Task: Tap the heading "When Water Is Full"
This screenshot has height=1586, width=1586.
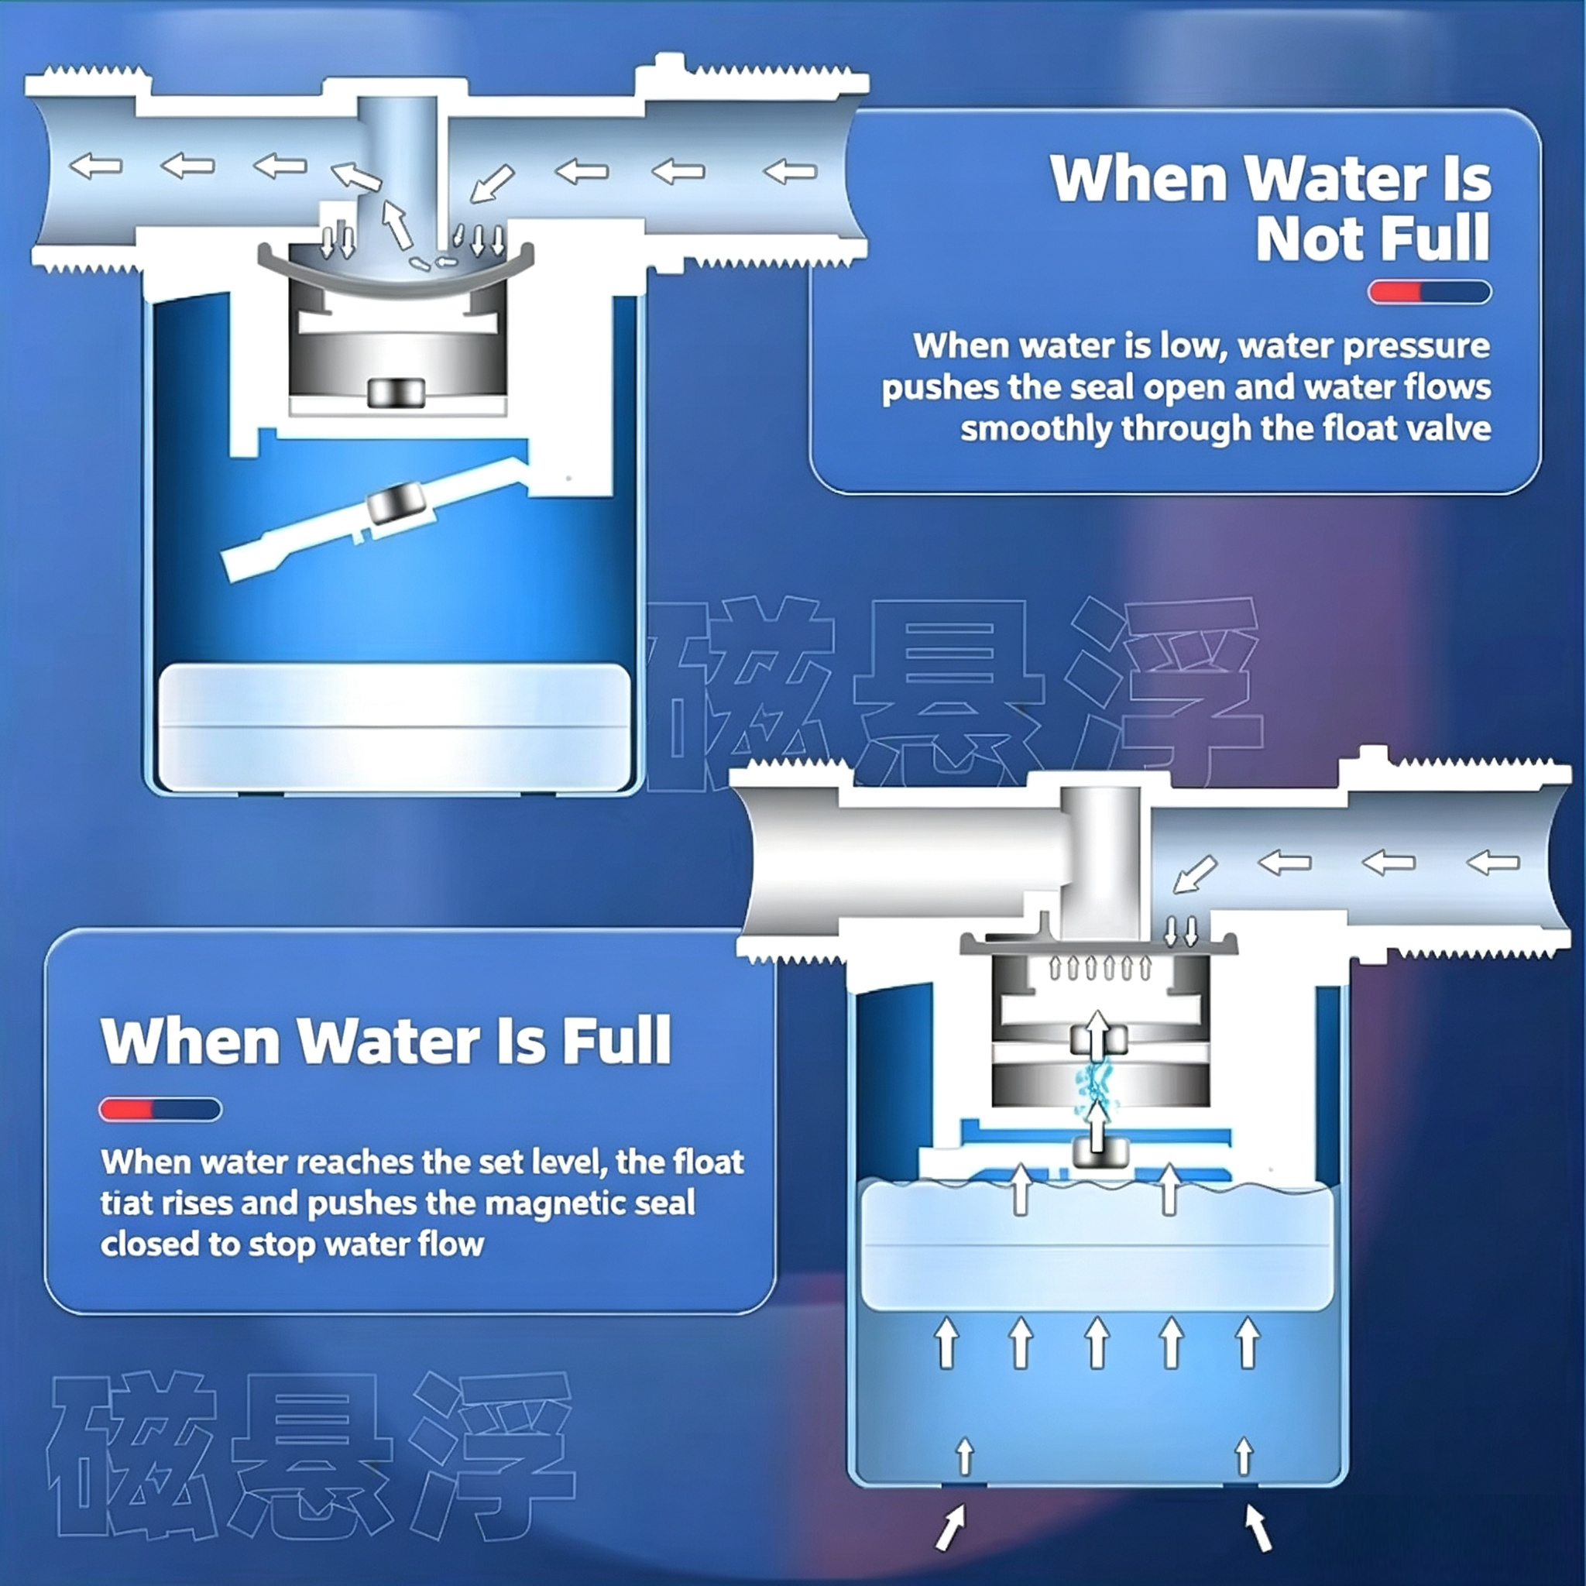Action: click(x=386, y=1040)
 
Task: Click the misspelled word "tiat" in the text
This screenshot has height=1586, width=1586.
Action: click(x=125, y=1203)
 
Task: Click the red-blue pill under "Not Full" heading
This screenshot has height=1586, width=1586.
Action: click(x=1430, y=292)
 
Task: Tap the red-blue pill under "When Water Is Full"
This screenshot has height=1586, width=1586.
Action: click(x=160, y=1110)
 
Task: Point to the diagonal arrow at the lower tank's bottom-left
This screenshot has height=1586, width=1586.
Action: click(x=952, y=1528)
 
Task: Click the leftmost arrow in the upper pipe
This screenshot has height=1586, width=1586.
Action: click(x=96, y=166)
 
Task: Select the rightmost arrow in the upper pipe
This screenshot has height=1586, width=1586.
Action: click(x=790, y=172)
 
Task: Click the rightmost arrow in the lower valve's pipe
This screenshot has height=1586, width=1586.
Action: click(x=1492, y=863)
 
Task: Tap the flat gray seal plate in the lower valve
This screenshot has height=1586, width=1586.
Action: click(x=1099, y=945)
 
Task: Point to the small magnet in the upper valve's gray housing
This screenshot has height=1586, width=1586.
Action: click(x=396, y=393)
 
